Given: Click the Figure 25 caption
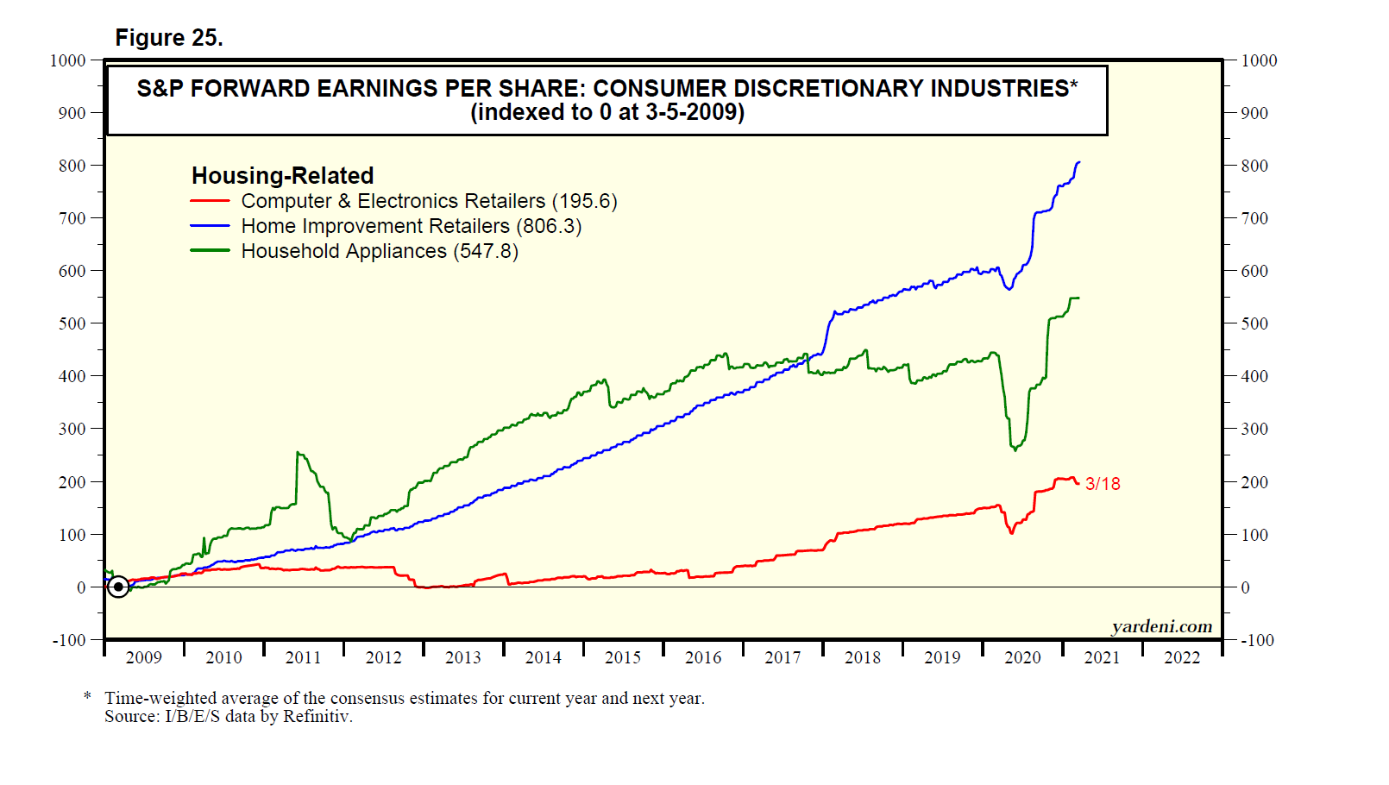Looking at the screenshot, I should click(169, 38).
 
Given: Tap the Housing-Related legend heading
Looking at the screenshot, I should click(282, 176).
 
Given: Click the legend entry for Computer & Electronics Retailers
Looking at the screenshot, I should click(393, 201).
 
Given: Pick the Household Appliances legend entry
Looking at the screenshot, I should click(343, 251).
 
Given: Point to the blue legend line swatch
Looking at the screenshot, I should click(210, 226).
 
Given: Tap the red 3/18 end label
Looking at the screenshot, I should click(1103, 484).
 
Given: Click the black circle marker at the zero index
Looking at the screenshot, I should click(118, 587).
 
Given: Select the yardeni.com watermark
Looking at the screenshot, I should click(1161, 626).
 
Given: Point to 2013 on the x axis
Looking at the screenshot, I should click(463, 657).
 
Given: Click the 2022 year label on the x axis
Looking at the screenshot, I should click(1182, 657).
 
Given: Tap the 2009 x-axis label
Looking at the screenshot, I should click(144, 657).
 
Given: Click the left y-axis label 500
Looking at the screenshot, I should click(72, 323).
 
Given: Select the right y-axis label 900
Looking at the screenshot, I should click(1254, 113).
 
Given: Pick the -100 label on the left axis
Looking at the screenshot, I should click(69, 640).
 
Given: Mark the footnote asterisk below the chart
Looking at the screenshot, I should click(87, 696).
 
